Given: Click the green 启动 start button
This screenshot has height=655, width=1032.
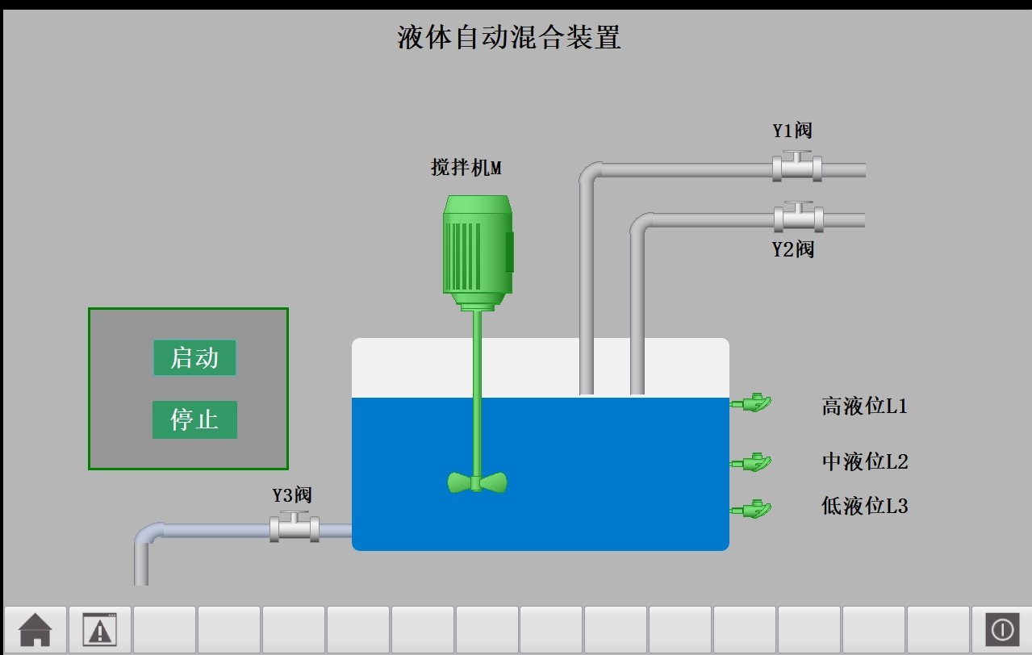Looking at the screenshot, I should tap(194, 357).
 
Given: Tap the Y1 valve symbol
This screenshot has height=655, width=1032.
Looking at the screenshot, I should tap(797, 167).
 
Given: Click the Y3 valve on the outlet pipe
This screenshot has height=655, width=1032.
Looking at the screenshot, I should tap(294, 528).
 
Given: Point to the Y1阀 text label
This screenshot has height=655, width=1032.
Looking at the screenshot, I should tap(792, 131).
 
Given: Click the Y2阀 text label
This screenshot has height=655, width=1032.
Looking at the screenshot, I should tap(792, 249).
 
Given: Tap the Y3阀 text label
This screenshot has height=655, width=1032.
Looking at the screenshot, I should tap(291, 495).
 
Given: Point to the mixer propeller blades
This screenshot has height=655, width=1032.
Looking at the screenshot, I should tap(477, 482).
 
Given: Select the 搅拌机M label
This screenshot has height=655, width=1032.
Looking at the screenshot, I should tap(466, 168).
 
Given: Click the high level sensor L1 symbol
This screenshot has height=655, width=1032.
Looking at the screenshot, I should tap(752, 403).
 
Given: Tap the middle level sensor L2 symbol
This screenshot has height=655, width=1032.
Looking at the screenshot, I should tap(752, 462).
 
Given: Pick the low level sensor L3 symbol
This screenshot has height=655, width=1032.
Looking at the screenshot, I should tap(752, 509).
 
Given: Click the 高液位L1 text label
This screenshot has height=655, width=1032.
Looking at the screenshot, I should tap(864, 406).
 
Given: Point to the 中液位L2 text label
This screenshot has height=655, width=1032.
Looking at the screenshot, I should tap(864, 462).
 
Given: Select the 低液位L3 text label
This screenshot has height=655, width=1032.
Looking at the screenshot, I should tap(864, 507).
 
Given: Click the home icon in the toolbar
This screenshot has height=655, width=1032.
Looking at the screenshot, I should tap(36, 629).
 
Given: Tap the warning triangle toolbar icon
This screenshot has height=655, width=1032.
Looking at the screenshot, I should tap(100, 629).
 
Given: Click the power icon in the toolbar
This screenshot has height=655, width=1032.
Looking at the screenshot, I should tap(1002, 629).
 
